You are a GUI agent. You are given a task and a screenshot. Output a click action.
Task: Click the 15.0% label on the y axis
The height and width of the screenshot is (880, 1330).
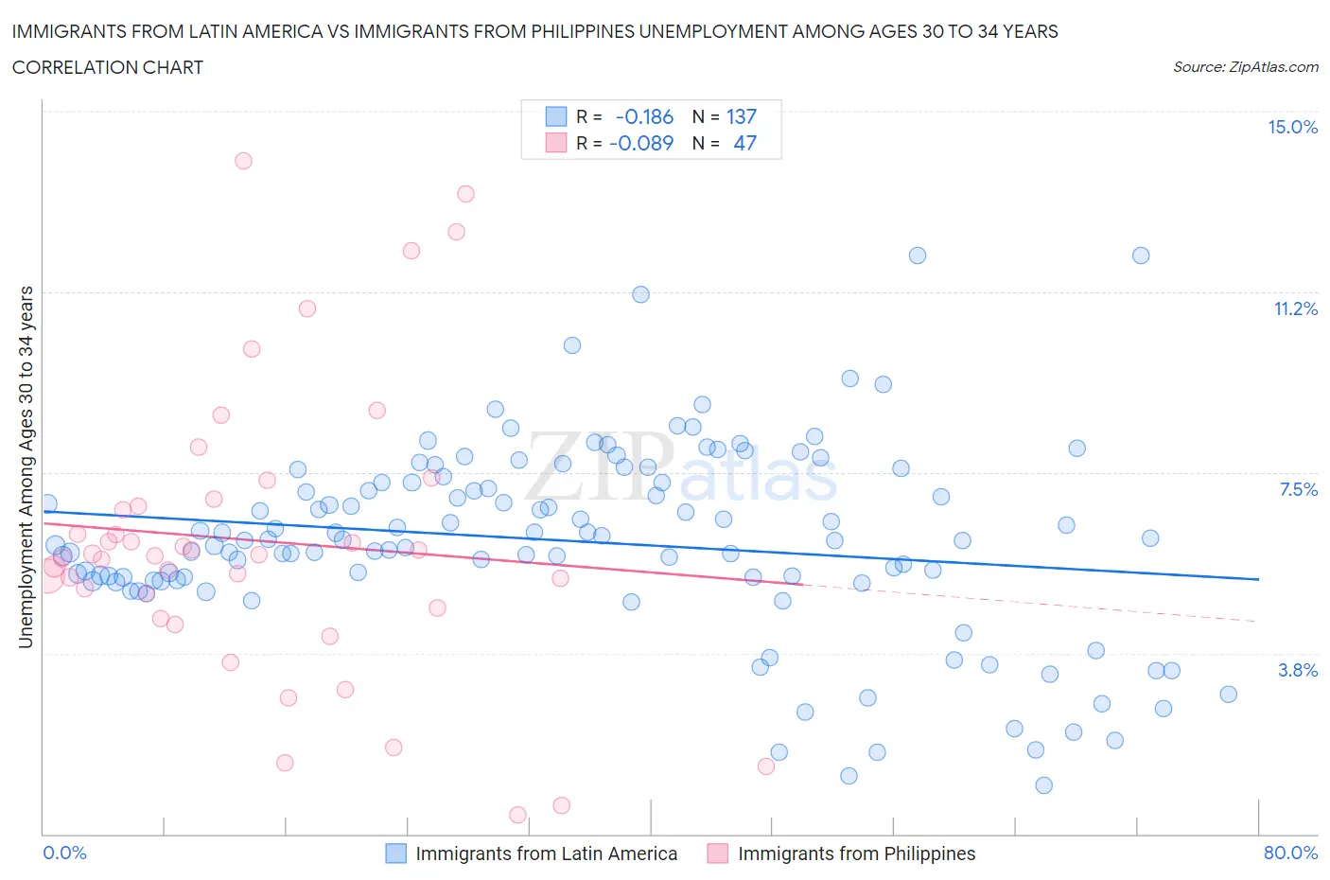pos(1292,128)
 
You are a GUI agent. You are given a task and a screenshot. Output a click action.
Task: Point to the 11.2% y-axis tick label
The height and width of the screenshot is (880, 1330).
pos(1295,308)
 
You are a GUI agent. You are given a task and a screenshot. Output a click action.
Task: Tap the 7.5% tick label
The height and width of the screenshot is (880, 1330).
pos(1298,489)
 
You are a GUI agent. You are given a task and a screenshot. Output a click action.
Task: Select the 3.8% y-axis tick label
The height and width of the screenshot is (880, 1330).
pos(1298,670)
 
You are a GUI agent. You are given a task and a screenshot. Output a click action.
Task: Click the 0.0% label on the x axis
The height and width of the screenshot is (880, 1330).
pos(65,853)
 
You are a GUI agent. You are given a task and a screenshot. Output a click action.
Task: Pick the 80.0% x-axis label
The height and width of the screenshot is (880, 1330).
pos(1290,853)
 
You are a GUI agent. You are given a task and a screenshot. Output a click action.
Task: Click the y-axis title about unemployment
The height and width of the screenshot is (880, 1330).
pos(26,466)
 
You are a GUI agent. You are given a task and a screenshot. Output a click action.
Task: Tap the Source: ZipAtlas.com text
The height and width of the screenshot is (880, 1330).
pos(1245,67)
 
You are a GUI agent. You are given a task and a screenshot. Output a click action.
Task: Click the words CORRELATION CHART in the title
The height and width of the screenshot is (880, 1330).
pos(108,67)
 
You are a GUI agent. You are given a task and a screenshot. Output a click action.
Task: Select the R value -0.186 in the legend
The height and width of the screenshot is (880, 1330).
pos(644,116)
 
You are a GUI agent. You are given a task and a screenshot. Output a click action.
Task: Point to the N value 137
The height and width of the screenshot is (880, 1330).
pos(742,116)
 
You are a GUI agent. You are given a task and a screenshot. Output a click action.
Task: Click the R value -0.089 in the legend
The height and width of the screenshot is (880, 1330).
pos(641,143)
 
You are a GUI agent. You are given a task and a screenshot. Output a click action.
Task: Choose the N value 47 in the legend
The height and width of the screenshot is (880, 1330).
pos(744,143)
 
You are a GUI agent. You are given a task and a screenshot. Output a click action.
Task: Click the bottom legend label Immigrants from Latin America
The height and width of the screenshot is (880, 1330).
pos(546,854)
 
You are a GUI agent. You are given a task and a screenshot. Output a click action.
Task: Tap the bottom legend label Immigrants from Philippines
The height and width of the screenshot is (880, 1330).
pos(856,854)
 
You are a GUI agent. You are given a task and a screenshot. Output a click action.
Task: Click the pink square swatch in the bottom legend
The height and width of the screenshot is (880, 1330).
pos(718,854)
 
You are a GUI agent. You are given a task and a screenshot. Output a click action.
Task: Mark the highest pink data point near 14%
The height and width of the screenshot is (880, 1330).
pos(243,161)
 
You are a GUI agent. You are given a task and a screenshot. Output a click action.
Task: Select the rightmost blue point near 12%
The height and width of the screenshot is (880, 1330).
pos(1141,255)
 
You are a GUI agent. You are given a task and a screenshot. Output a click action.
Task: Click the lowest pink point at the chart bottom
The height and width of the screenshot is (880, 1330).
pos(517,815)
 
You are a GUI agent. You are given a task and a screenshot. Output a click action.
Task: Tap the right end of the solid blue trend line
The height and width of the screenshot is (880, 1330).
pos(1258,579)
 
